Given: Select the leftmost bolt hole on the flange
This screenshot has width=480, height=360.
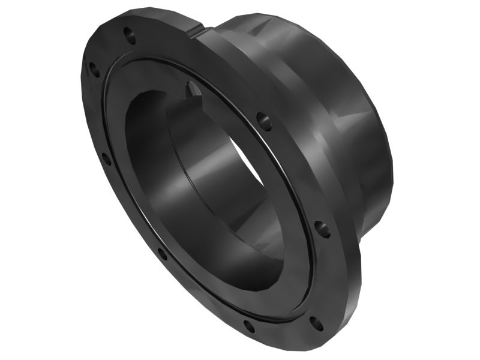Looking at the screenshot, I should click(x=94, y=70).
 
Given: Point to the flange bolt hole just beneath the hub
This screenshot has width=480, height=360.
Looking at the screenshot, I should click(x=322, y=229).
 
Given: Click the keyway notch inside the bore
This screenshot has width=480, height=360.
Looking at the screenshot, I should click(x=193, y=89).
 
